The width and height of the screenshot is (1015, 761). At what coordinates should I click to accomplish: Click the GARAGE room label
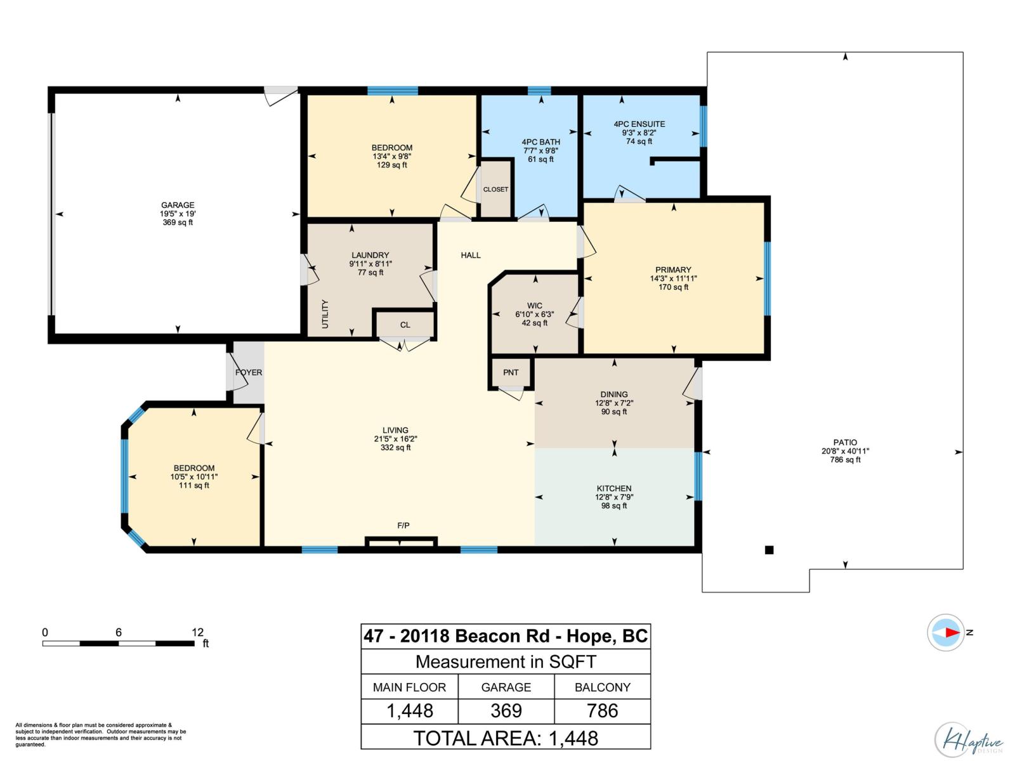tap(178, 205)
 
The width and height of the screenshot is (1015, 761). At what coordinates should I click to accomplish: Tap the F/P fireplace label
tap(403, 525)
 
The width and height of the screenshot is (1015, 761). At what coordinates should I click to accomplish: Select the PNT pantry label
tap(511, 372)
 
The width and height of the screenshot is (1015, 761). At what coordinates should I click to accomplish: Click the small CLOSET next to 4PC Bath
tap(495, 190)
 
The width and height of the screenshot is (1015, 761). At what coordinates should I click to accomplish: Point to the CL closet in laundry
tap(405, 325)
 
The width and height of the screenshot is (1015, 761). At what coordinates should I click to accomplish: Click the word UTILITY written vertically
tap(325, 314)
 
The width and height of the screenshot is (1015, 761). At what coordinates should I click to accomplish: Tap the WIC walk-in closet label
tap(535, 306)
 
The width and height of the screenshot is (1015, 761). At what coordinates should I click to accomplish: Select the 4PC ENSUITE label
tap(639, 124)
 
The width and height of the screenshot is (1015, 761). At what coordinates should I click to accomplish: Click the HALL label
tap(471, 255)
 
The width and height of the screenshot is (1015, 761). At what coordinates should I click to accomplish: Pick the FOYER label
tap(249, 372)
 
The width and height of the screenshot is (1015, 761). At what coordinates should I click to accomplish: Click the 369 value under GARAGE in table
tap(506, 711)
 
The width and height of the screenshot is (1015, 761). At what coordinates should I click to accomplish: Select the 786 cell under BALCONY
tap(602, 711)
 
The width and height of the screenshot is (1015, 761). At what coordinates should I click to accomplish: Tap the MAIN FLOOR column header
tap(409, 687)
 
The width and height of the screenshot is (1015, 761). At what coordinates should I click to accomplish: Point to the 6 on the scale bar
tap(119, 632)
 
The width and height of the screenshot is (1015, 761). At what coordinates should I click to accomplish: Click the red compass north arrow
tap(952, 632)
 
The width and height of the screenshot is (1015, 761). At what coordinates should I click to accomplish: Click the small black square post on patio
tap(769, 550)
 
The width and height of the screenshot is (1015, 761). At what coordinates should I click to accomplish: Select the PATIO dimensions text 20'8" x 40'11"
tap(845, 451)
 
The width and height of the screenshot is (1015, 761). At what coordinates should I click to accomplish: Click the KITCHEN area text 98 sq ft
tap(614, 506)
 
